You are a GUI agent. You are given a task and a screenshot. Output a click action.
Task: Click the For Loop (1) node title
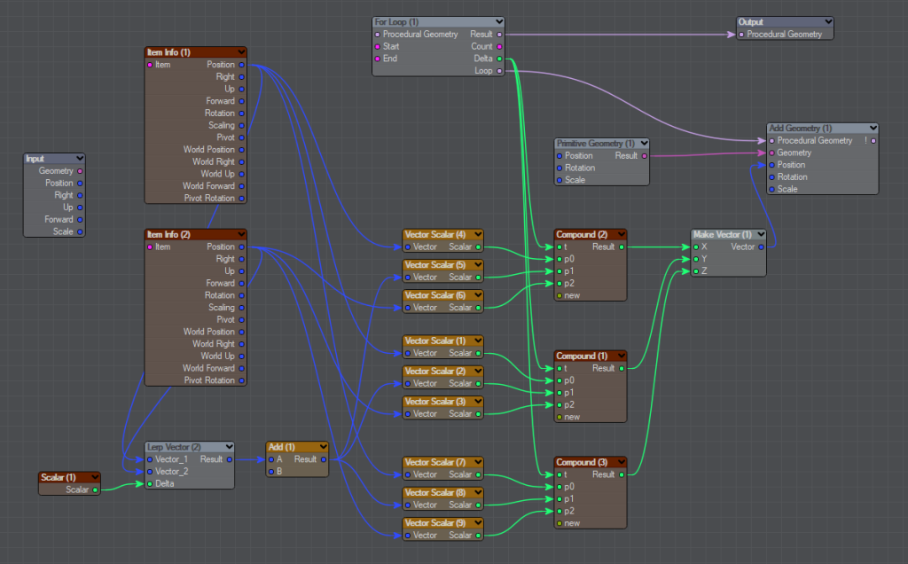click(x=396, y=22)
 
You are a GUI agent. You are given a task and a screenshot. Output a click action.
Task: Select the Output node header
click(x=785, y=22)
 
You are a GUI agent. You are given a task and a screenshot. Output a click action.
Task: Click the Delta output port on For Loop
click(x=499, y=59)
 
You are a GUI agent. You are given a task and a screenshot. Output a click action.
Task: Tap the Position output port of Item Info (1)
click(x=241, y=64)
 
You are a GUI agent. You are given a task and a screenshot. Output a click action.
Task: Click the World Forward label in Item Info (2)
click(x=208, y=368)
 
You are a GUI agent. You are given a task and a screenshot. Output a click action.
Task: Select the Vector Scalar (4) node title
click(x=434, y=234)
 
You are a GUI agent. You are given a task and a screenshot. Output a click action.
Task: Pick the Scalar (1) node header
click(x=59, y=477)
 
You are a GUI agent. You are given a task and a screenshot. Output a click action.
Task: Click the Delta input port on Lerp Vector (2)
click(x=150, y=483)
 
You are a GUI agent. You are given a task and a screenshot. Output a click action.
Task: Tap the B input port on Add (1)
click(x=271, y=472)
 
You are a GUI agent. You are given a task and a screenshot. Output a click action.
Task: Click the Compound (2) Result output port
click(x=622, y=247)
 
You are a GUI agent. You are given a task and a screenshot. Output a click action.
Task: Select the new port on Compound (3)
click(x=560, y=523)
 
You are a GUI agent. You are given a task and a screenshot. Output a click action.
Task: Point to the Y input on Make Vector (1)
click(x=696, y=259)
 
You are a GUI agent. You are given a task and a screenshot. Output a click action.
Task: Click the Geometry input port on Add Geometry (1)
click(x=772, y=153)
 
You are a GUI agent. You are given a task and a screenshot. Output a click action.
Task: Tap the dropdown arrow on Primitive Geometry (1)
click(x=644, y=143)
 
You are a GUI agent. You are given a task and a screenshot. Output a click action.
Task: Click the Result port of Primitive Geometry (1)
click(x=644, y=156)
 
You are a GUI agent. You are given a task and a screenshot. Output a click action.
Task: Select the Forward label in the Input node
click(x=59, y=219)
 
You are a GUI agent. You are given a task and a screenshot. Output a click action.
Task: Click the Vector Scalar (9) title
click(x=434, y=523)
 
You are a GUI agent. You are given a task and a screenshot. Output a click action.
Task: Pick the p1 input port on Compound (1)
click(x=560, y=393)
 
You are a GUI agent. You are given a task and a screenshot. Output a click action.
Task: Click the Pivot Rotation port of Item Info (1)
click(x=241, y=198)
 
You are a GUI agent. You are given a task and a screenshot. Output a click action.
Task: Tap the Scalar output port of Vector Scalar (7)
click(x=478, y=474)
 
